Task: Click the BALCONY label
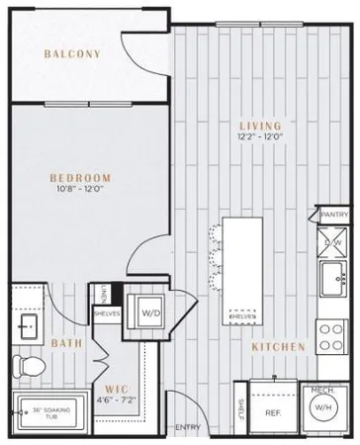point(72,54)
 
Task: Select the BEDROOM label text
point(80,178)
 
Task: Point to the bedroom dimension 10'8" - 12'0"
point(80,191)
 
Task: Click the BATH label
point(65,343)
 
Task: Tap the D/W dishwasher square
point(333,239)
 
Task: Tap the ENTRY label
point(187,426)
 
